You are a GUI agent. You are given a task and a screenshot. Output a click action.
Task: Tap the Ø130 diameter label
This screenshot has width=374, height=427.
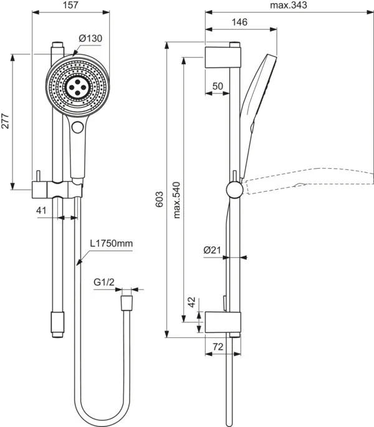coord(90,38)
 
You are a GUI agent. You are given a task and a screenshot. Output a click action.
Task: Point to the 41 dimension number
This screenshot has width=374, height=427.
coord(41,210)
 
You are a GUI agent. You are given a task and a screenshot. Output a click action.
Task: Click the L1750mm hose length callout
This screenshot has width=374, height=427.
coord(112,244)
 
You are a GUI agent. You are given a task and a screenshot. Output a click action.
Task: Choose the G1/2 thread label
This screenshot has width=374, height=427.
coord(104,283)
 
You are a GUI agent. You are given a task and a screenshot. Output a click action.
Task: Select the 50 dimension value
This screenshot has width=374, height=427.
coord(218,86)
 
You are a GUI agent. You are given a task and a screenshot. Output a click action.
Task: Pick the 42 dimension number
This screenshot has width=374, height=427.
coord(192,303)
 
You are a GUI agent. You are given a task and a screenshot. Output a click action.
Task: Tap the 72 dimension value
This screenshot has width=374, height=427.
coord(218,346)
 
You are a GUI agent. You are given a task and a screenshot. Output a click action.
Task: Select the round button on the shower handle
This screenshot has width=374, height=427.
coord(78,128)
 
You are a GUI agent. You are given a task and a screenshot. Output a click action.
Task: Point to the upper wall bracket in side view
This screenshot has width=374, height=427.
coord(222,55)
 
